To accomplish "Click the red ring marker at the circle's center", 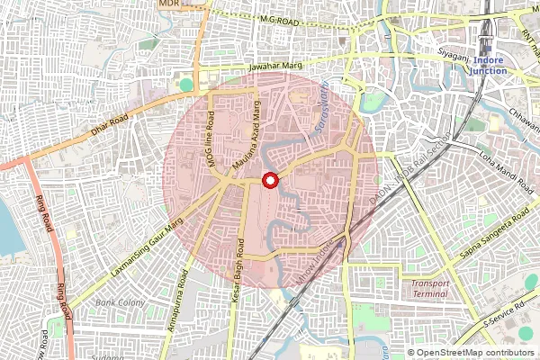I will coord(268,181).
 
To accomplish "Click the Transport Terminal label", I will coord(429,289).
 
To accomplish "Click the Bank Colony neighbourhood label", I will coord(121,303).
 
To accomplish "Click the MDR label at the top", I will coord(168,4).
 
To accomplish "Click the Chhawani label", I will coord(519,115).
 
